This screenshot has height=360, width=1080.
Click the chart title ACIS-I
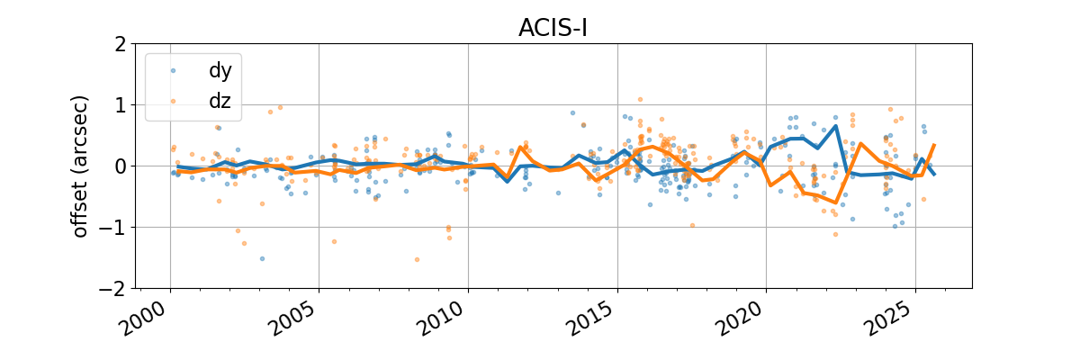(553, 28)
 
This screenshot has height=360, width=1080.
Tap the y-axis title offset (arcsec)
(81, 166)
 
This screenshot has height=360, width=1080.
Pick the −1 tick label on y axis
(110, 227)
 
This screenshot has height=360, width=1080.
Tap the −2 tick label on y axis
(110, 288)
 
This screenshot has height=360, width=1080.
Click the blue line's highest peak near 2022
(836, 126)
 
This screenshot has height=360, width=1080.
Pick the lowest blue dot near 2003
(262, 258)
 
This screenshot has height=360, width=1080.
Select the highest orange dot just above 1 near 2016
(640, 99)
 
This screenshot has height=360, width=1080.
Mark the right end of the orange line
(934, 145)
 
